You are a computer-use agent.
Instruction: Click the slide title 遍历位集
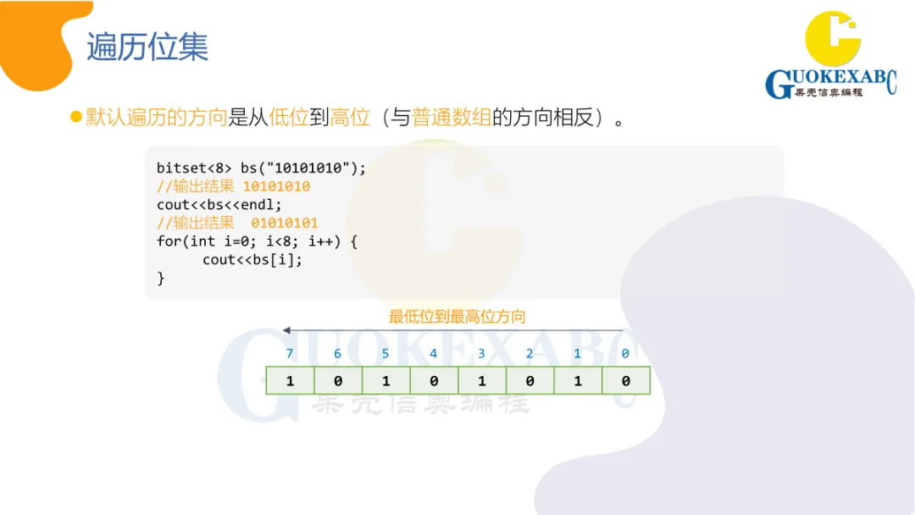coord(147,47)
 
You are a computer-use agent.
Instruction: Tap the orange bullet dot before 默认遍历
coord(75,116)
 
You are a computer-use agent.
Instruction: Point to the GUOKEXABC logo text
coord(830,82)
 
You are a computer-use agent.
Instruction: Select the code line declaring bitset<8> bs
coord(261,168)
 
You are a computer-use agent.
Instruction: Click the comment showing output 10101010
coord(233,186)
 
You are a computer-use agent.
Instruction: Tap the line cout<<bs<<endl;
coord(219,204)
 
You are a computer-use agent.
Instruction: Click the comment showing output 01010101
coord(237,223)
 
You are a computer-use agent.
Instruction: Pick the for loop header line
coord(258,241)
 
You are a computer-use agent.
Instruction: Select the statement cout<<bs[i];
coord(252,259)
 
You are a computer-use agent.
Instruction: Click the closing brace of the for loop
coord(161,278)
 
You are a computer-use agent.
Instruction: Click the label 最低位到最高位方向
coord(457,317)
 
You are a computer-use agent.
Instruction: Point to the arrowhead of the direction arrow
coord(287,330)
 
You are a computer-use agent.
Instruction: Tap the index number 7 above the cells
coord(290,354)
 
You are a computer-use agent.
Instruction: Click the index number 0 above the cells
coord(625,354)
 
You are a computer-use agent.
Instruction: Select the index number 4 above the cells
coord(434,354)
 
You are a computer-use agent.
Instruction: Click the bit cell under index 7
coord(290,381)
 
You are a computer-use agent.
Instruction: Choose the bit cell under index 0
coord(625,381)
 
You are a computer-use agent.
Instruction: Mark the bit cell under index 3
coord(481,381)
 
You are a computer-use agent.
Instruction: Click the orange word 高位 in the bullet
coord(350,117)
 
